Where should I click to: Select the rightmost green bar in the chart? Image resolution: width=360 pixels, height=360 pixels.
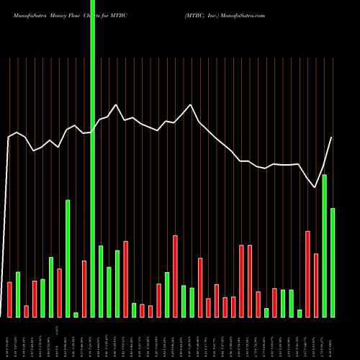tap(333, 262)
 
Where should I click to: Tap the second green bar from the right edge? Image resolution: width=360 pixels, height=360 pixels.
tap(324, 246)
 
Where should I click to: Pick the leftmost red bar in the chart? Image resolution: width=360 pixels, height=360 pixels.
tap(9, 299)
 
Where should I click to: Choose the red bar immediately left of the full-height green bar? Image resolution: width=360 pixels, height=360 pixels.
tap(84, 288)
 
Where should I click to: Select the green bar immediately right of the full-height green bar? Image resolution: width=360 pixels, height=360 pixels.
tap(101, 281)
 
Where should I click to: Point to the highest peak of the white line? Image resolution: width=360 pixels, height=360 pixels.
tap(191, 105)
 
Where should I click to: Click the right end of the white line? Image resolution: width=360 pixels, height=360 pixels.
tap(332, 138)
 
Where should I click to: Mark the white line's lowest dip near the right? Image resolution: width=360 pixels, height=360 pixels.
tap(315, 188)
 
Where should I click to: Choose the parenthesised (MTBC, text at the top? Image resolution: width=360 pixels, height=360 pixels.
tap(197, 14)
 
